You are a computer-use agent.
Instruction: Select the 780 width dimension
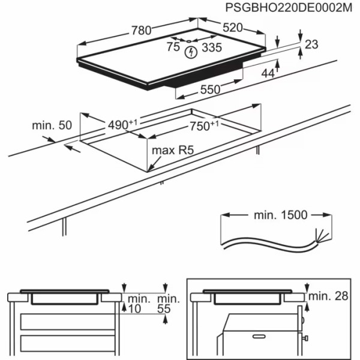pyautogui.click(x=143, y=31)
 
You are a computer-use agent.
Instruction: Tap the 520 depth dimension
pyautogui.click(x=237, y=28)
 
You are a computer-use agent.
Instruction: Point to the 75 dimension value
pyautogui.click(x=173, y=47)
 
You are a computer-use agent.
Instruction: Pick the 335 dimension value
pyautogui.click(x=211, y=47)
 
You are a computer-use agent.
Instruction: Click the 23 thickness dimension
pyautogui.click(x=311, y=44)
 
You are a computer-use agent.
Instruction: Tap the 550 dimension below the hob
pyautogui.click(x=211, y=89)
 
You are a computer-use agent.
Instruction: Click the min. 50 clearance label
pyautogui.click(x=52, y=125)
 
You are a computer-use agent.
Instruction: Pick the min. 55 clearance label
pyautogui.click(x=168, y=304)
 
